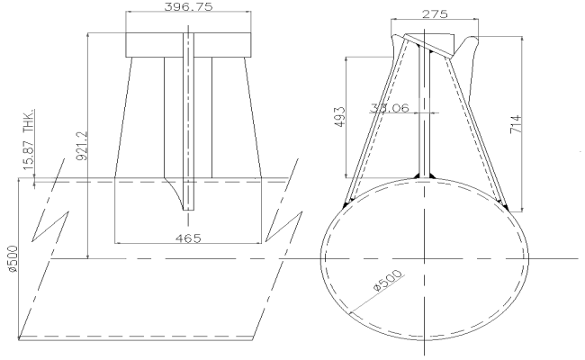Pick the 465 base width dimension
point(187,238)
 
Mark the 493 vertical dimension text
point(338,117)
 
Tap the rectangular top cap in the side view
point(187,44)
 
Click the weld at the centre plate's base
point(425,175)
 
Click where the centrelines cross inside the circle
point(425,257)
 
